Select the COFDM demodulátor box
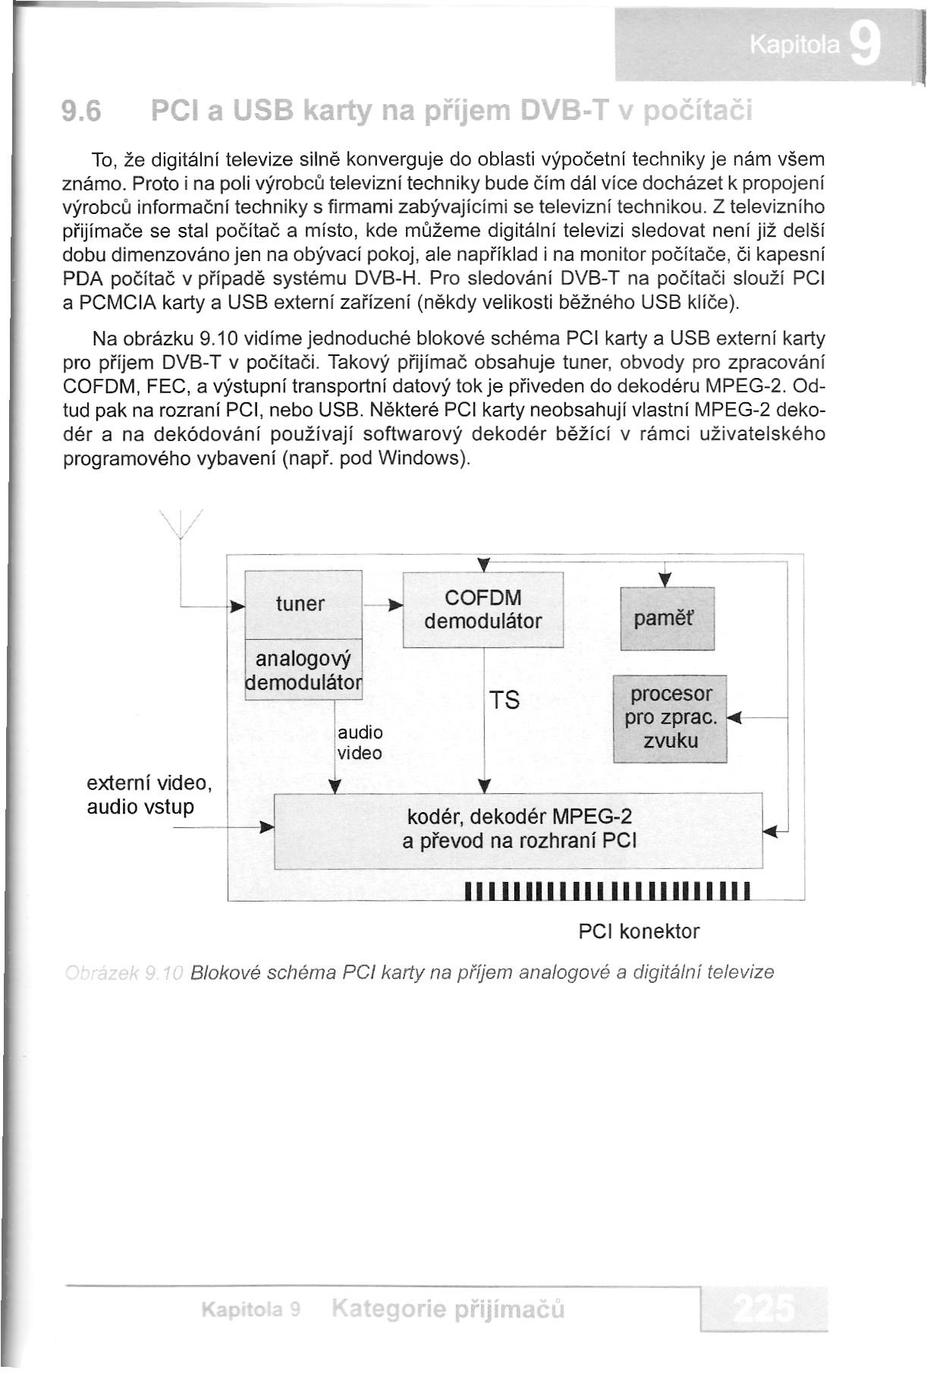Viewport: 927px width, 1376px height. coord(483,609)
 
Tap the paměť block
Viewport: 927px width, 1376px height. coord(667,619)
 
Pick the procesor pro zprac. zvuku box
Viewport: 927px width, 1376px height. coord(670,718)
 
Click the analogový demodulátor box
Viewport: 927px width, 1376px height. coord(304,669)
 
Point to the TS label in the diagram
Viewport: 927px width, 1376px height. coord(504,700)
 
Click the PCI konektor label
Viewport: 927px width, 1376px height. coord(639,931)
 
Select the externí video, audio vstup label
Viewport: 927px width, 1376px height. coord(149,795)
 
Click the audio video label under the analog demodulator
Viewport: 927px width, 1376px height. coord(360,743)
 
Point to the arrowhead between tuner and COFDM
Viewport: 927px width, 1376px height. coord(393,606)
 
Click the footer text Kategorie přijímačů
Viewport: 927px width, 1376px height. coord(448,1309)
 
